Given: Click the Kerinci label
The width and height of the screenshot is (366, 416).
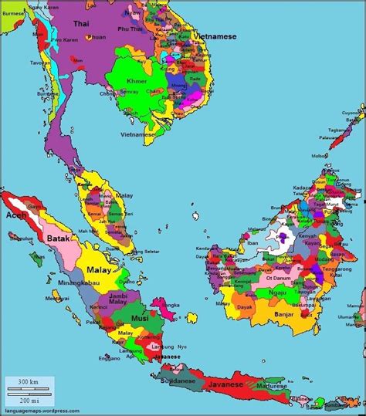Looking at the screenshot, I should point(100,308).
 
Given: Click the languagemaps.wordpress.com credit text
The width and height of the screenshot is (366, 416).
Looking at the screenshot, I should point(42,411).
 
